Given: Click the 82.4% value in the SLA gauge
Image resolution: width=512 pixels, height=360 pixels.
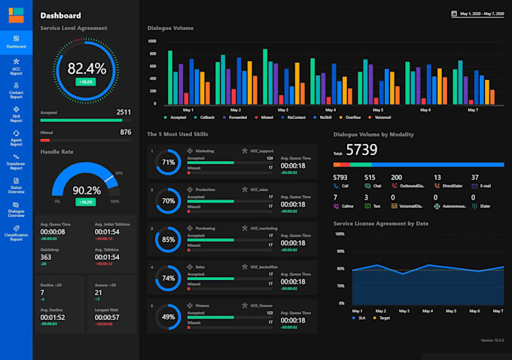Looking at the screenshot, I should (87, 68).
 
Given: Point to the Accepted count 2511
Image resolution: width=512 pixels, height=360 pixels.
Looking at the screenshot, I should (123, 112).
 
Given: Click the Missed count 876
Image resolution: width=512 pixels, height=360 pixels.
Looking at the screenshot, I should (126, 132).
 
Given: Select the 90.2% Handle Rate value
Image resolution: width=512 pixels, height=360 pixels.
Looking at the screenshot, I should (85, 191).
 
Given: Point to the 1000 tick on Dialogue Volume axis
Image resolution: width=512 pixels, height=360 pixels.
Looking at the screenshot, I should (152, 41).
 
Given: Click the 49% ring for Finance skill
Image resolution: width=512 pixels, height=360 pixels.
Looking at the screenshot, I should (169, 317).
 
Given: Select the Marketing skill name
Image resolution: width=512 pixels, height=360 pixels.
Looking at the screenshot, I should (205, 151).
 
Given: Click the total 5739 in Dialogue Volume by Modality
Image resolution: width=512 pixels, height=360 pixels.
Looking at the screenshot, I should (361, 150).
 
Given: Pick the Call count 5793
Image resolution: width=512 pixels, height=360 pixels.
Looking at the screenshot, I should (340, 178).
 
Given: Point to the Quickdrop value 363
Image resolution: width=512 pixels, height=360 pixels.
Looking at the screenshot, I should (46, 258).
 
